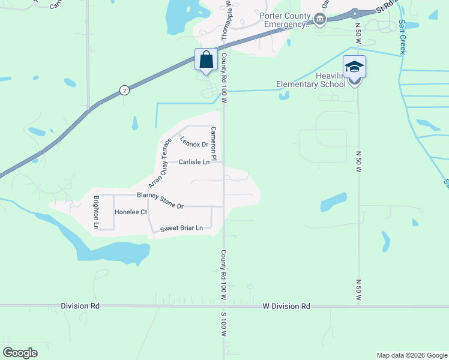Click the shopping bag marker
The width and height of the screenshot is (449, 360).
206,60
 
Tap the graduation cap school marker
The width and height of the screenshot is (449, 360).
354,67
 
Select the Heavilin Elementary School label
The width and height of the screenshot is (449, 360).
311,80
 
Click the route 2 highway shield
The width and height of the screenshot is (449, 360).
124,90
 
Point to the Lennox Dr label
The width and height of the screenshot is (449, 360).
193,142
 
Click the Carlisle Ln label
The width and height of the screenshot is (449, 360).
194,162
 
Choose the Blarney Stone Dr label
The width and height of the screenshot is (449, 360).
160,200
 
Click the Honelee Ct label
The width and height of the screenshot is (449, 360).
131,212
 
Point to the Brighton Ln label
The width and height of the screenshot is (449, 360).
95,212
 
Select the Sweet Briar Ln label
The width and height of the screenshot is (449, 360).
181,229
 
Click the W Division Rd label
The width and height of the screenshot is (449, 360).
286,306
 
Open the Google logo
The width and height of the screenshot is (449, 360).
20,353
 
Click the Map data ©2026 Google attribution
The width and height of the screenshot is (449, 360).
411,355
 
